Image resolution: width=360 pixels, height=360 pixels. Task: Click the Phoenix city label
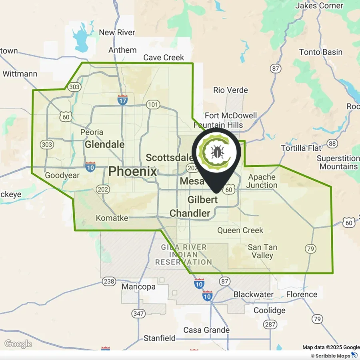click(133, 172)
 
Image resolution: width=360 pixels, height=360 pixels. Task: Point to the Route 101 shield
click(153, 105)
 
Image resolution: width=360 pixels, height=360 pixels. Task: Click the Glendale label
click(105, 144)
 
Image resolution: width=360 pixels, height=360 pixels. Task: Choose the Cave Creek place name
click(164, 58)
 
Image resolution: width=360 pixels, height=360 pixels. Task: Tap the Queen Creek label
click(240, 230)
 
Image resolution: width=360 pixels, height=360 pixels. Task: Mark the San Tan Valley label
click(262, 251)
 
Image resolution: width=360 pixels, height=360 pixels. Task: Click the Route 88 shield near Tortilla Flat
click(332, 144)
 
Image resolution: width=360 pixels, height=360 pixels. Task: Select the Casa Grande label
click(206, 330)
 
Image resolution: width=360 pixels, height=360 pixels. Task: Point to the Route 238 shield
click(109, 282)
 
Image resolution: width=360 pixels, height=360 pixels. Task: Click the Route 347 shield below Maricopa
click(139, 314)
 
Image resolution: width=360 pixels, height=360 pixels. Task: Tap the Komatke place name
click(112, 218)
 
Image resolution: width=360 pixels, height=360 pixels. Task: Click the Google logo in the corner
click(18, 344)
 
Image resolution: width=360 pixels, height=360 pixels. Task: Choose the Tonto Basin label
click(321, 52)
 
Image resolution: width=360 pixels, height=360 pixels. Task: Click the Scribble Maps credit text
click(332, 356)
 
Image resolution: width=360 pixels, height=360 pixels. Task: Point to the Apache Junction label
click(262, 181)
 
